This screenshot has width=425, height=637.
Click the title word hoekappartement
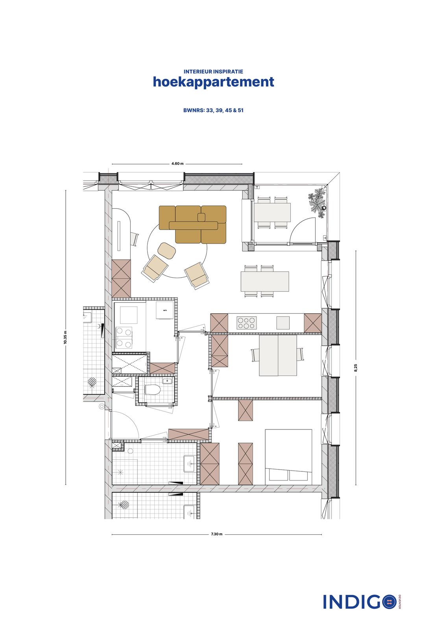213,82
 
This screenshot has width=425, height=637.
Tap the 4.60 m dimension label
177,164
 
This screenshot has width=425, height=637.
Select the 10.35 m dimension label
65,337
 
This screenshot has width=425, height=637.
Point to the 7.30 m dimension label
216,534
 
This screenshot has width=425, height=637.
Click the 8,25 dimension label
356,368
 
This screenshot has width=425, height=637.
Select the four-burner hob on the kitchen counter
246,323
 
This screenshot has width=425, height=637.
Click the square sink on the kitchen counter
283,323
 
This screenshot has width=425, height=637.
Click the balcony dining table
272,212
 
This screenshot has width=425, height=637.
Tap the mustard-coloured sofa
193,224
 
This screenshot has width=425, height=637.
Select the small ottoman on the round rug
166,250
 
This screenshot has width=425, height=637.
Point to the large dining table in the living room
265,282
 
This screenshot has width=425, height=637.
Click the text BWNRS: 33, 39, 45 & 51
213,110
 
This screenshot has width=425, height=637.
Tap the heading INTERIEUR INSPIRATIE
213,72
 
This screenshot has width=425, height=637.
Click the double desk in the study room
278,355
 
